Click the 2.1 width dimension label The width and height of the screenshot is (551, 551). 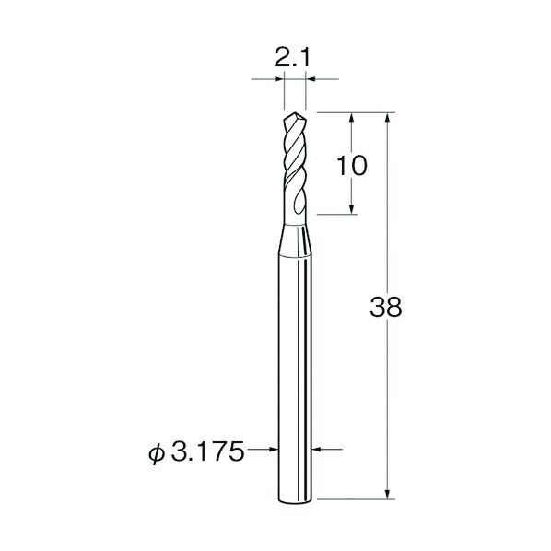tap(292, 59)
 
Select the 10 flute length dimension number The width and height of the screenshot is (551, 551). tap(352, 166)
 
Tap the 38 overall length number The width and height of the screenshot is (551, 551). tap(385, 307)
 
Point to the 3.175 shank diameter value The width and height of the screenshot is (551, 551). tap(207, 451)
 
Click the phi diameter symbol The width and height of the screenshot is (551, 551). tap(157, 453)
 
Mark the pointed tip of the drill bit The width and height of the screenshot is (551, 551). tap(295, 112)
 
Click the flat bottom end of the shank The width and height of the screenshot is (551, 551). tap(295, 501)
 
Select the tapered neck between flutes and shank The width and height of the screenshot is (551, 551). tap(295, 240)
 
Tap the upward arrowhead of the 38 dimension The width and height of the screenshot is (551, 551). tap(387, 117)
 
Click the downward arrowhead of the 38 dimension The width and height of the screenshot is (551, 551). tap(387, 494)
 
